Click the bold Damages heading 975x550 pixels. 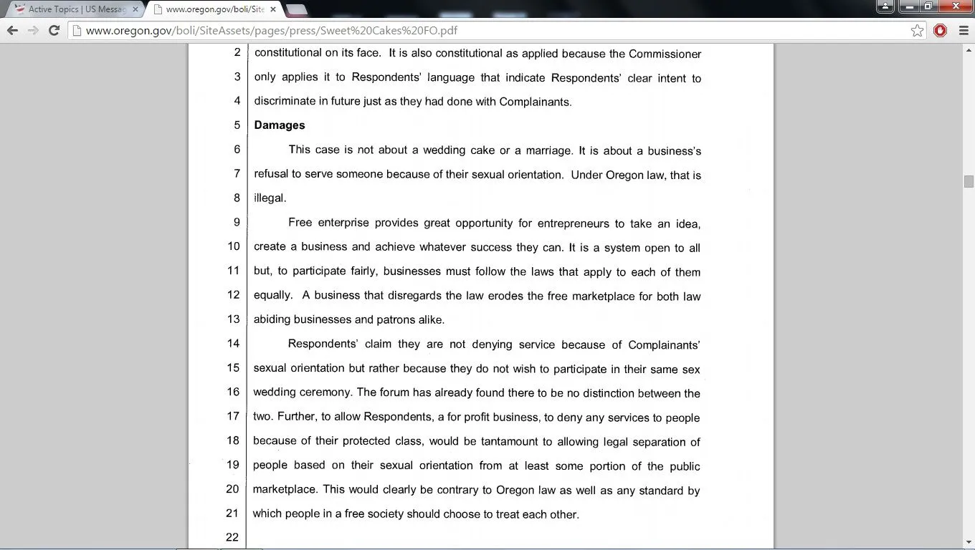coord(280,125)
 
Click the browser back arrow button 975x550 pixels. coord(12,30)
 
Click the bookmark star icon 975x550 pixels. coord(917,30)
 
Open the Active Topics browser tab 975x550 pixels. coord(76,9)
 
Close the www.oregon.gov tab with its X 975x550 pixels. coord(273,9)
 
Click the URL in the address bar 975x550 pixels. coord(271,30)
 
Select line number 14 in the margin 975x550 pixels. coord(233,344)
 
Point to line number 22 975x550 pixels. coord(232,537)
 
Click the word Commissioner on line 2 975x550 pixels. coord(665,54)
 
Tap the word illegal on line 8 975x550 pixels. coord(269,198)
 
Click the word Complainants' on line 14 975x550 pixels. coord(664,345)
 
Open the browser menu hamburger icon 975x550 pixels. coord(964,30)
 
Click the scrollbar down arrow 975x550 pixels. coord(969,542)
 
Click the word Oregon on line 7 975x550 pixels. coord(624,175)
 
